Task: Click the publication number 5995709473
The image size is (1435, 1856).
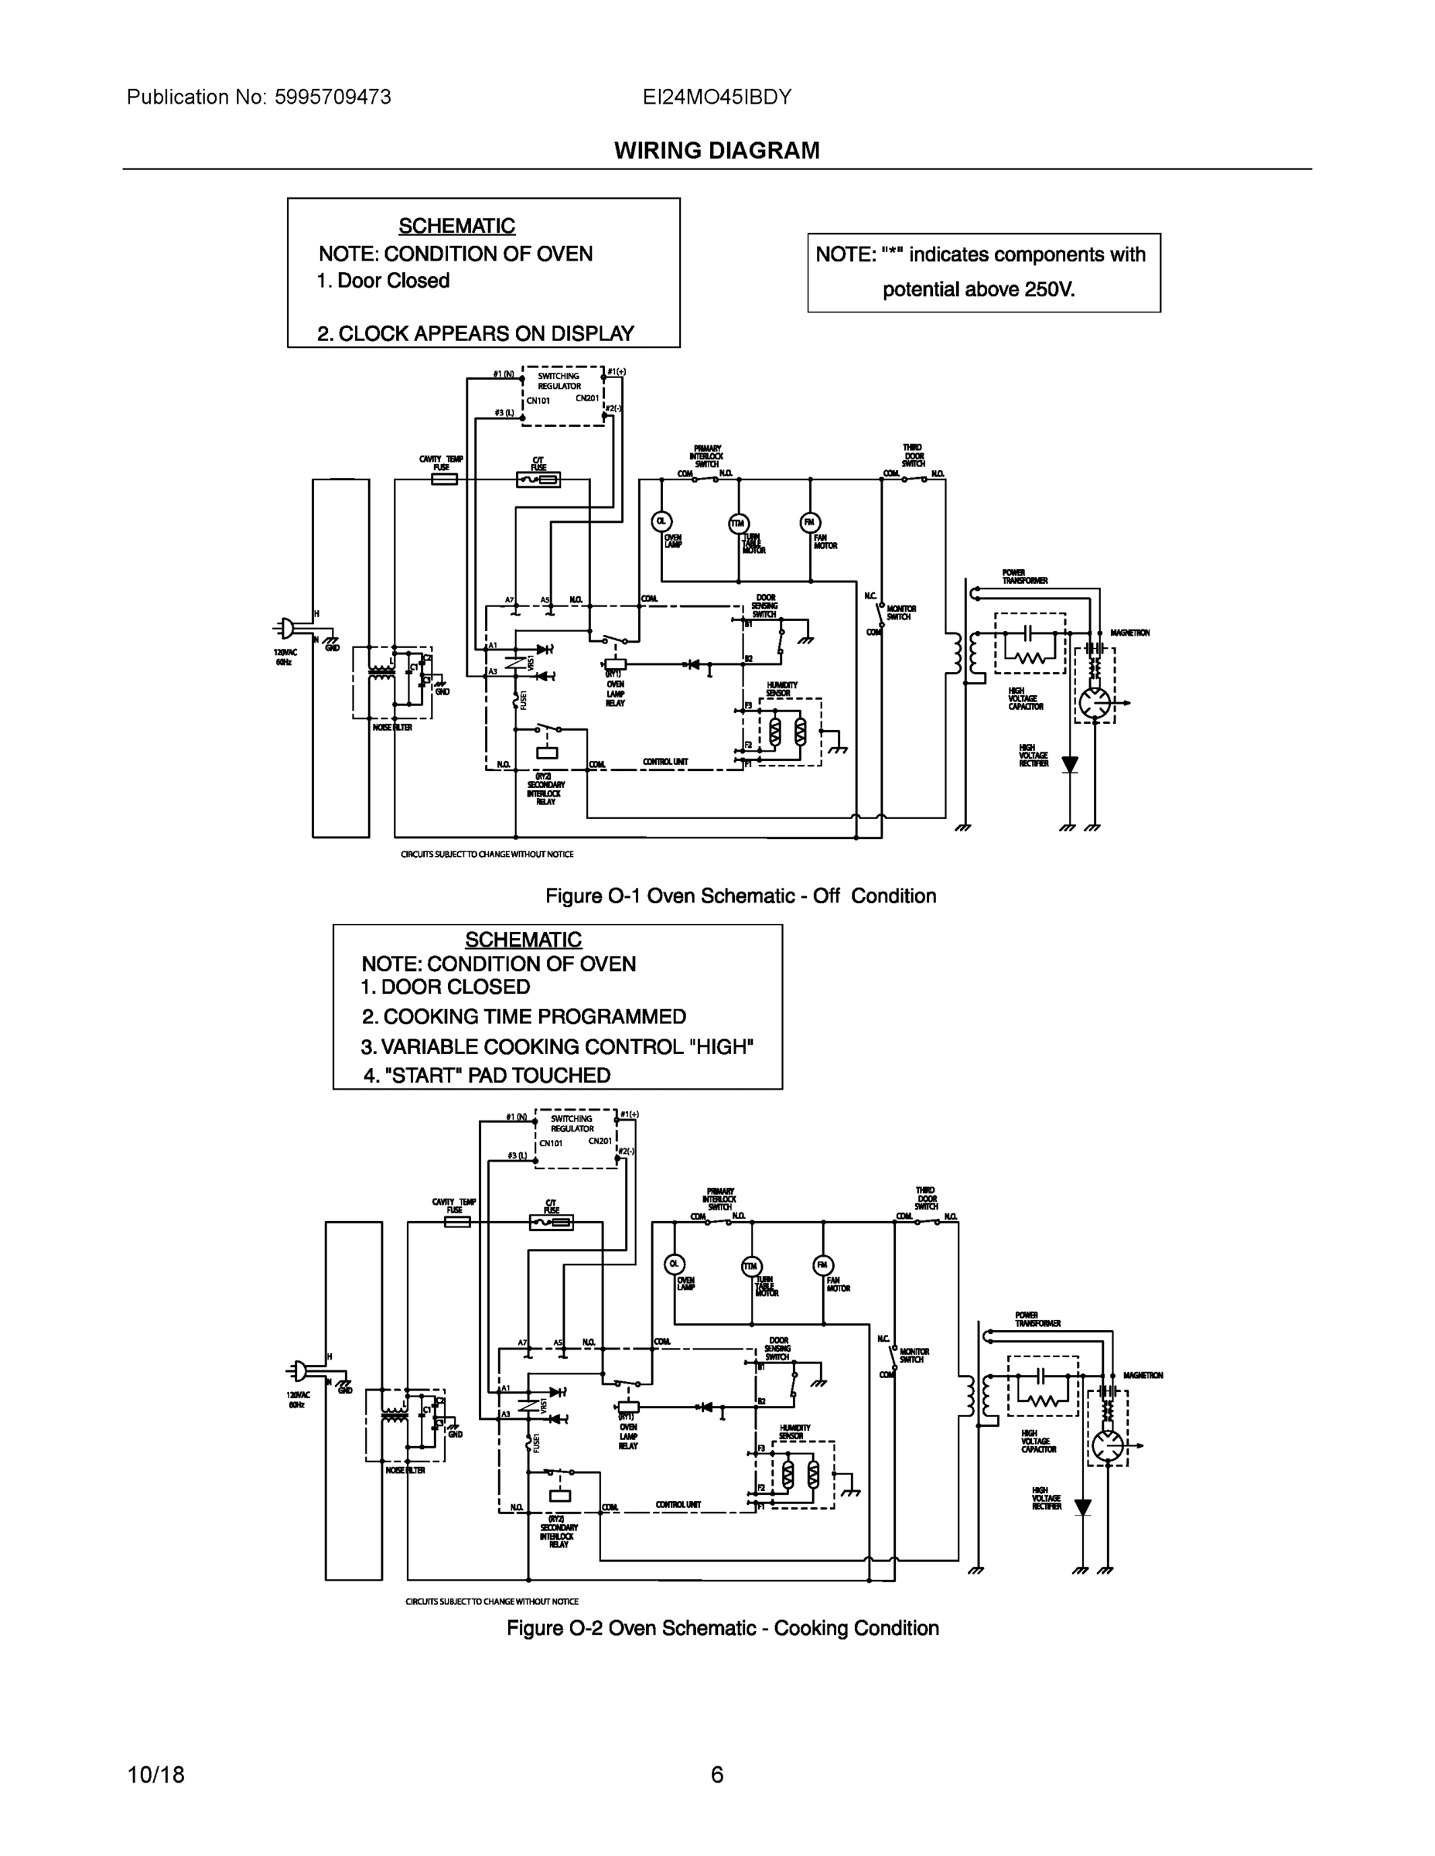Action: click(333, 97)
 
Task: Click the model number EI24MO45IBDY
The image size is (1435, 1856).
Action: click(716, 97)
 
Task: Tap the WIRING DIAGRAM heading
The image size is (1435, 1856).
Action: click(716, 151)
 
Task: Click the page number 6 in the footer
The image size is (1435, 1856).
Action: click(716, 1775)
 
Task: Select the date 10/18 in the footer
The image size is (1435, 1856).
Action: click(155, 1775)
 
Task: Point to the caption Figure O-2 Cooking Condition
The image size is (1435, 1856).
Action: click(723, 1628)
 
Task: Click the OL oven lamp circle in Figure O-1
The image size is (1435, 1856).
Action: click(661, 522)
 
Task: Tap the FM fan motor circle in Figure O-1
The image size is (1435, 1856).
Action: click(810, 522)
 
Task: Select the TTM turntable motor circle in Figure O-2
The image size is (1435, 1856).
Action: click(751, 1265)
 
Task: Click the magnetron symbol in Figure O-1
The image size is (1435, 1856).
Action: click(1094, 703)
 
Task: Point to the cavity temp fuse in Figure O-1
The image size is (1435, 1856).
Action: click(444, 479)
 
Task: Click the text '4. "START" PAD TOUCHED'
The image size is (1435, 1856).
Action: click(487, 1075)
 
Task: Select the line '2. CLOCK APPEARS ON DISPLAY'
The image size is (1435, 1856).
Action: click(475, 333)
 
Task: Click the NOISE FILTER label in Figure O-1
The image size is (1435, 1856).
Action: click(392, 728)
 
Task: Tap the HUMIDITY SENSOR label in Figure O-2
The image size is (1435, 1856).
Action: click(795, 1432)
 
